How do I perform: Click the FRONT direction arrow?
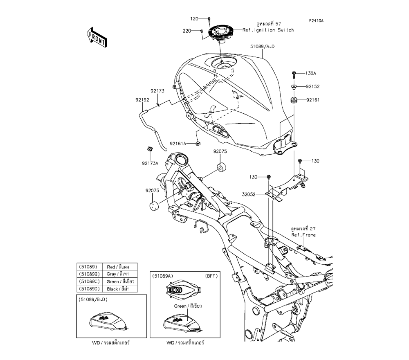pos(97,37)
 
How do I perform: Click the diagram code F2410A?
pos(316,20)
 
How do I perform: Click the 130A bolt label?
pos(311,74)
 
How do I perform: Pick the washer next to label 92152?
pos(293,86)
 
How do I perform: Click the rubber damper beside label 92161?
pos(293,100)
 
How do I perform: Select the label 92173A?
pos(150,164)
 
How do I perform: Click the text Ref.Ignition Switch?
pos(268,30)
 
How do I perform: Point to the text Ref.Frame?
pos(303,235)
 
